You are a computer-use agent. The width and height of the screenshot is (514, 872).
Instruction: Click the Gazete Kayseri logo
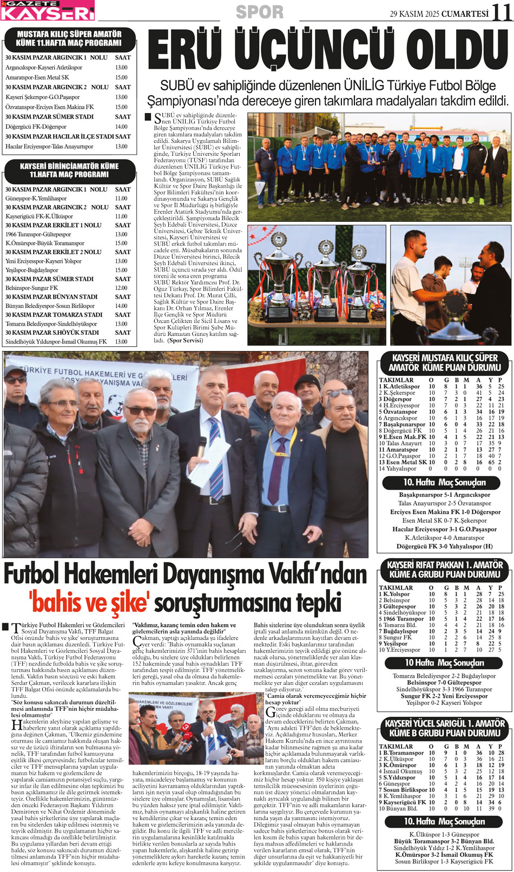click(x=48, y=10)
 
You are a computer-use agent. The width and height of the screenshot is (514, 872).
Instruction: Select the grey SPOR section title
click(x=259, y=12)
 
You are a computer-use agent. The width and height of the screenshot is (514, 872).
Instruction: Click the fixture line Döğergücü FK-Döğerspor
click(x=36, y=127)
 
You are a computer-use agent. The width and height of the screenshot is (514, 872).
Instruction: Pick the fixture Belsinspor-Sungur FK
click(x=31, y=288)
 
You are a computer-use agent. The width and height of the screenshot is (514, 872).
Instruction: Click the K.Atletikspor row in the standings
click(x=400, y=387)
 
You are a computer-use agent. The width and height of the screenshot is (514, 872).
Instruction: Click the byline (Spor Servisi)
click(x=185, y=340)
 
